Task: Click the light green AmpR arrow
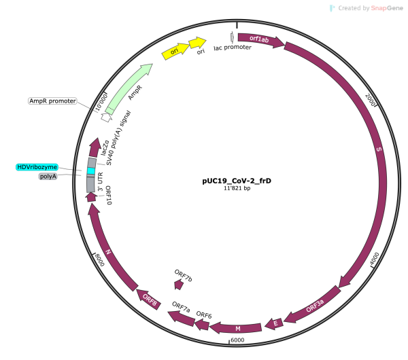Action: click(129, 92)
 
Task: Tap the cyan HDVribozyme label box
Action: click(37, 167)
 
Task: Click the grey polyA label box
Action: click(48, 177)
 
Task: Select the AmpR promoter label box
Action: click(52, 101)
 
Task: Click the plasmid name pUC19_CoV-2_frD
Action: click(232, 181)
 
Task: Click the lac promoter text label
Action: click(232, 48)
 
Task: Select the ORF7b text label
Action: click(184, 275)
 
